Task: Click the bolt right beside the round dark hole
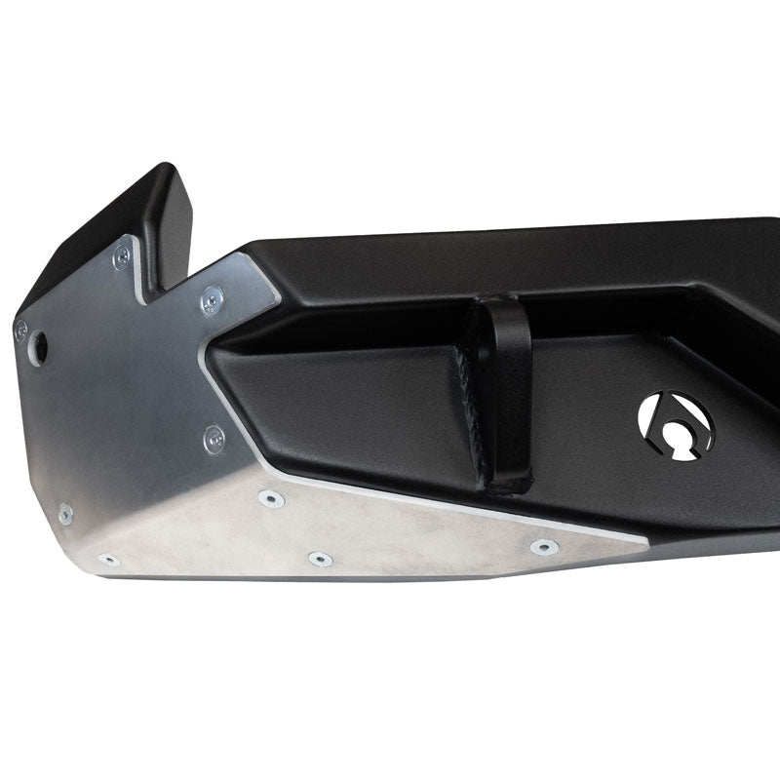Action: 20,331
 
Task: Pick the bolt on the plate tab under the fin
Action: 120,256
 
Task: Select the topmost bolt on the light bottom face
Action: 266,499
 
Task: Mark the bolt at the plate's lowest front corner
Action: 109,560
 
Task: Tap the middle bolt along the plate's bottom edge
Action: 320,559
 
